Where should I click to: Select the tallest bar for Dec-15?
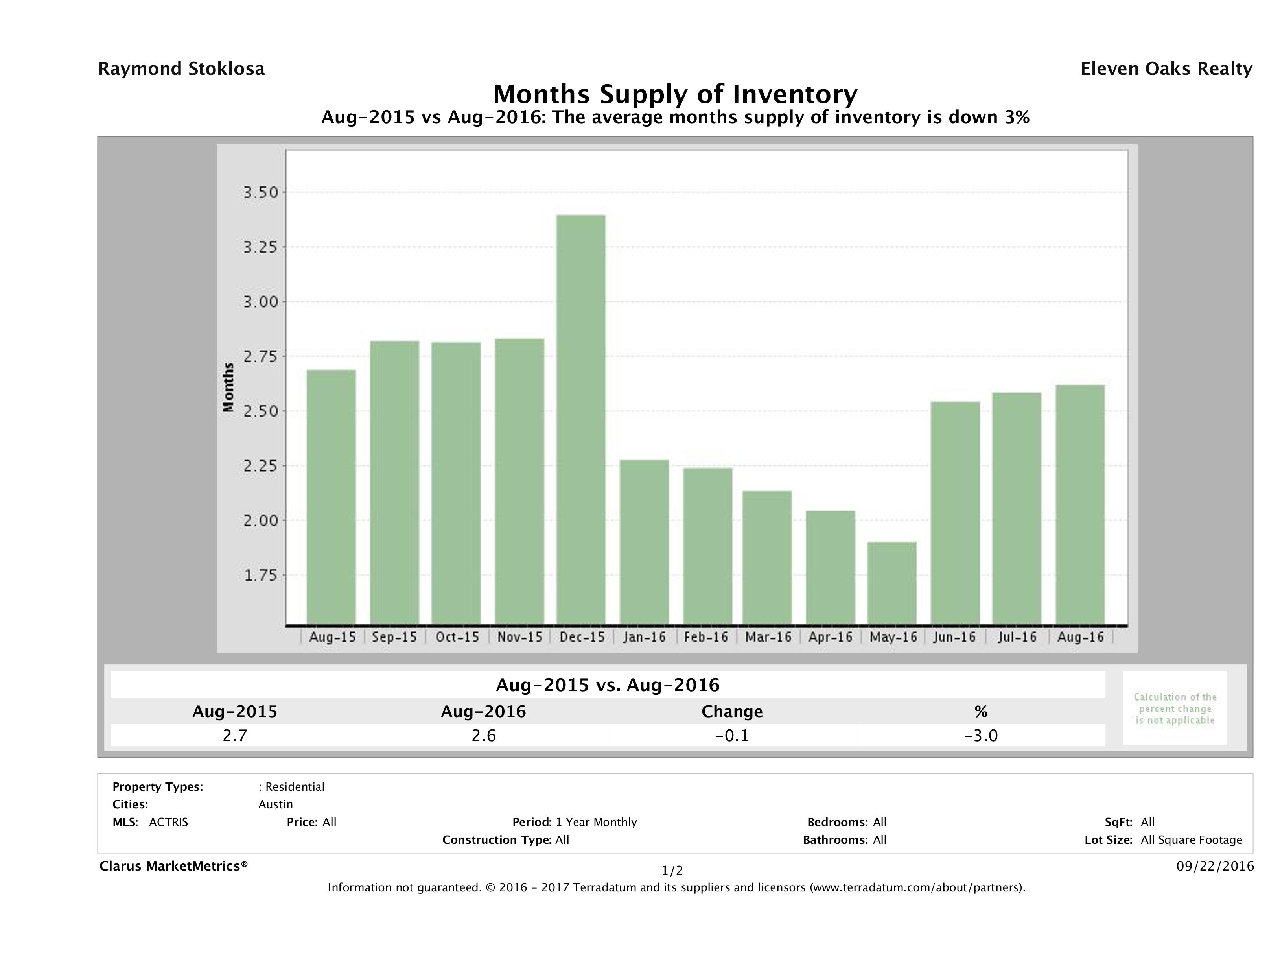[580, 419]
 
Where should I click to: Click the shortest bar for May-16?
[891, 583]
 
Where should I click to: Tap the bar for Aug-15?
[331, 496]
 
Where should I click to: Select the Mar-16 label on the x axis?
[768, 637]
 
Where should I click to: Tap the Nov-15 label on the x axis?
[519, 637]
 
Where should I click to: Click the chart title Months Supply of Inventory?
[675, 94]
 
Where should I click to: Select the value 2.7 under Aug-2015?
[235, 735]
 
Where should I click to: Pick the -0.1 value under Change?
[732, 735]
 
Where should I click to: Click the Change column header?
[732, 712]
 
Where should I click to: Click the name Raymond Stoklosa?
[181, 69]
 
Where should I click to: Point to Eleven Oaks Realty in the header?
[1166, 69]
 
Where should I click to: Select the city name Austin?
[275, 804]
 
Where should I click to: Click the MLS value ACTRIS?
[168, 823]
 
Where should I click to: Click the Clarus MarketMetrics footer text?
[173, 866]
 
